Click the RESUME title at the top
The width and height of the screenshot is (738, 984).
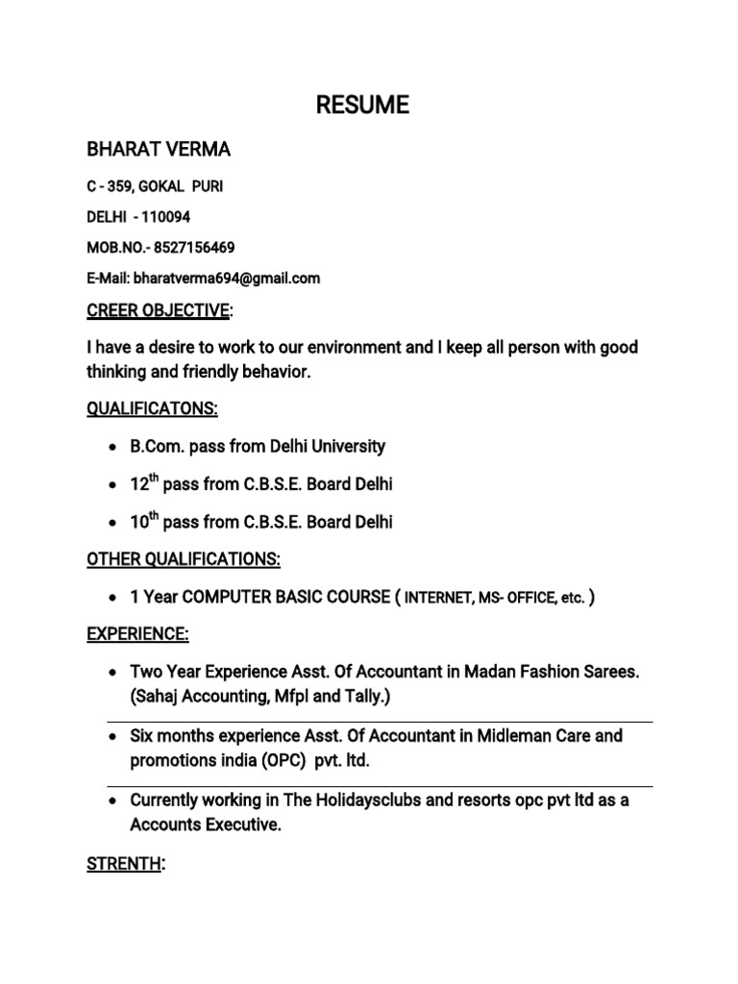363,105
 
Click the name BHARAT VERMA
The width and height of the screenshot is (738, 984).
159,151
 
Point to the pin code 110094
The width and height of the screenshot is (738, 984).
168,216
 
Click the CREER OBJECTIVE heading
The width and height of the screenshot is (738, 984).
159,310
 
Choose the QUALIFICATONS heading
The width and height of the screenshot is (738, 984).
153,409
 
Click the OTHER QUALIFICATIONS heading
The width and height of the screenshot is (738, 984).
184,559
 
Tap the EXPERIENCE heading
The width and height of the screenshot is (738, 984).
138,634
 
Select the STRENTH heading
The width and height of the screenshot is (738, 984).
123,864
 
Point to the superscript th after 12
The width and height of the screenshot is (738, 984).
153,478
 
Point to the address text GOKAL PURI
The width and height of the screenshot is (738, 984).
182,184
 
